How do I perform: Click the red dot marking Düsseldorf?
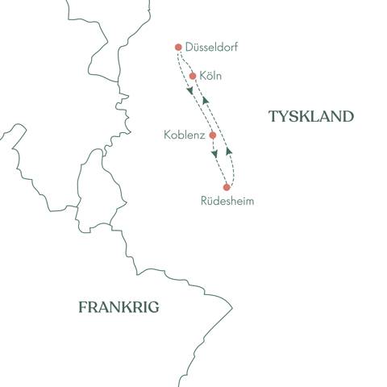click(178, 47)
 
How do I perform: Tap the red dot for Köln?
click(193, 77)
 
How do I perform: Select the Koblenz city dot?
click(212, 135)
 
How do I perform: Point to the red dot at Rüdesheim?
click(227, 187)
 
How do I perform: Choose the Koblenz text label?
click(183, 135)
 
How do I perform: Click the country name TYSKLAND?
click(311, 116)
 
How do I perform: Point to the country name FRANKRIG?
click(119, 306)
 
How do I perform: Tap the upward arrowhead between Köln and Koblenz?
click(206, 99)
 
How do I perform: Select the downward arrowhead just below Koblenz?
click(214, 154)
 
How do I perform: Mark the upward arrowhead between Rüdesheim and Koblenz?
click(228, 149)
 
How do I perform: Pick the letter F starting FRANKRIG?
click(82, 306)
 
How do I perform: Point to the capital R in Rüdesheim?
click(202, 202)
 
